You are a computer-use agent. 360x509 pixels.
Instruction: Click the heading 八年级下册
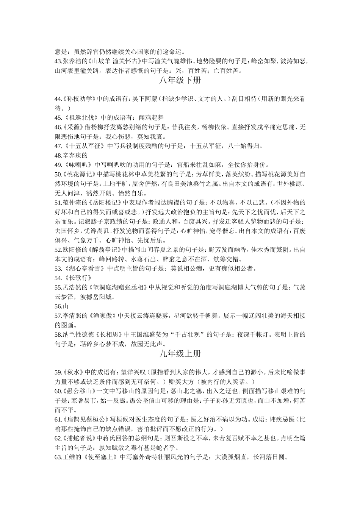(180, 80)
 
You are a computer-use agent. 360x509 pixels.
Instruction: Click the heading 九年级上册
(180, 354)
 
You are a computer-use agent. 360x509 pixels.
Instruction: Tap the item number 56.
(58, 306)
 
